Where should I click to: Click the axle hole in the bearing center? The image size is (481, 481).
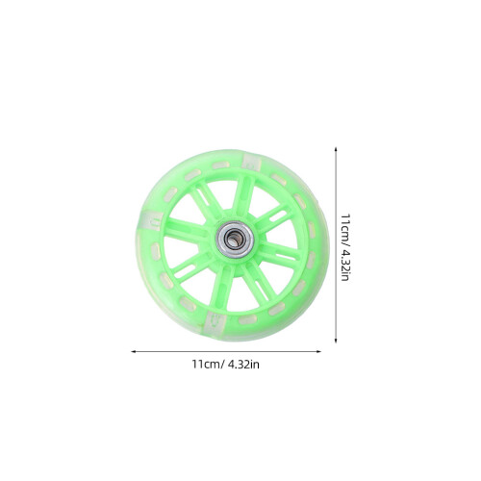point(234,240)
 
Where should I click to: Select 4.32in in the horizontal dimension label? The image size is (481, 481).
point(243,365)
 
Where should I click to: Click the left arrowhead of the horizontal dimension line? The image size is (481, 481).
point(133,352)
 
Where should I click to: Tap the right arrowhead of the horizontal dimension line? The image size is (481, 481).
point(318,352)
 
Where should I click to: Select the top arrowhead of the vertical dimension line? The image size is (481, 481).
point(336,149)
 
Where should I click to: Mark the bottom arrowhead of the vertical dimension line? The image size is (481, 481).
point(336,341)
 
